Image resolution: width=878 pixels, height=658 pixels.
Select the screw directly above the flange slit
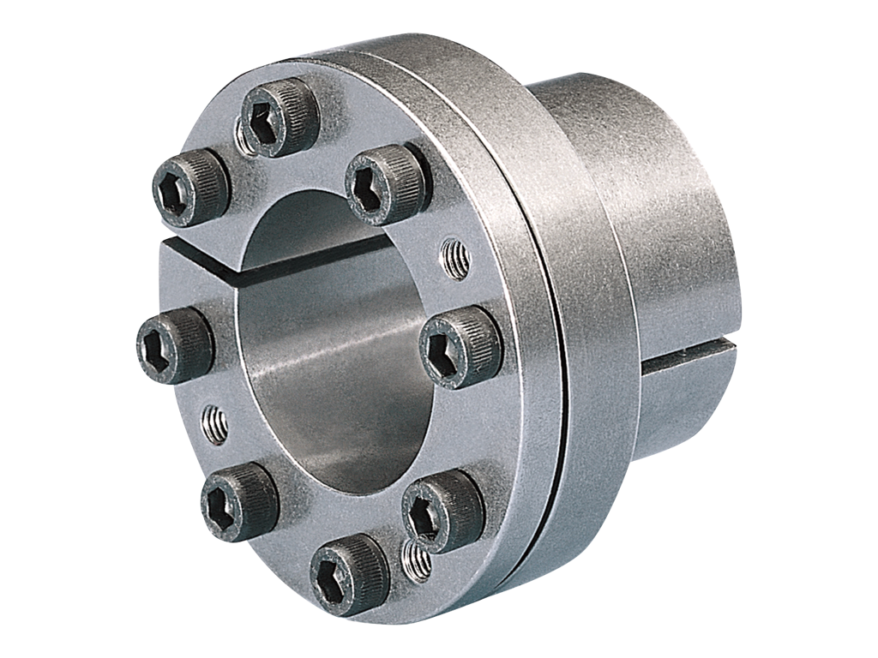click(191, 188)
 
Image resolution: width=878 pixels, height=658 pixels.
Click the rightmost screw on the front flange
click(460, 346)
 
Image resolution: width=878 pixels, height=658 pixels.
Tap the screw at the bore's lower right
click(442, 511)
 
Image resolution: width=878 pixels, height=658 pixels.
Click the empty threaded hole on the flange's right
click(455, 260)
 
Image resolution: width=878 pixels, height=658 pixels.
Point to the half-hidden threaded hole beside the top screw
click(243, 138)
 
